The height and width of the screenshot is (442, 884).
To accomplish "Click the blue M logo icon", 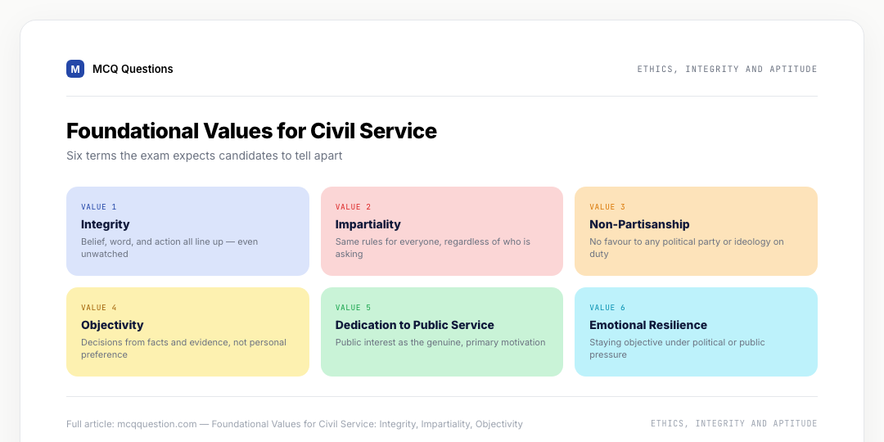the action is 75,69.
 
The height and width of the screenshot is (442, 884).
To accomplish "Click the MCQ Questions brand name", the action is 133,69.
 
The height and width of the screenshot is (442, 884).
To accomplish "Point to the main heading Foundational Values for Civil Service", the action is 251,131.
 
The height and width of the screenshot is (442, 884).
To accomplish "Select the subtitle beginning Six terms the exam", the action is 204,156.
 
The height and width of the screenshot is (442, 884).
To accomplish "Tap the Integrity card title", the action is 106,224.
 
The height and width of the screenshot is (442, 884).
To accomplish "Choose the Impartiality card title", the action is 368,224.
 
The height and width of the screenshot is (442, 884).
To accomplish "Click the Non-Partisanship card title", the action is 639,224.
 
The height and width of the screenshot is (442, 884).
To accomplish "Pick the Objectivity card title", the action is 112,325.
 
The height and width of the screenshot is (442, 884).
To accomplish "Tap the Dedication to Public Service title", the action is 414,325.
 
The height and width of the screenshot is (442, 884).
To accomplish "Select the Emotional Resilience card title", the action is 647,325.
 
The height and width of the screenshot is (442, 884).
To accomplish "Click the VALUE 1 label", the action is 99,207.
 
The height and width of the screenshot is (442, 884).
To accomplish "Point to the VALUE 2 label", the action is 354,207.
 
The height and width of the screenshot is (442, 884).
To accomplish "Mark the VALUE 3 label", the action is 607,207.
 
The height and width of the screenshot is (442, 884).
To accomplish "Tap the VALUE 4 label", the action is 99,308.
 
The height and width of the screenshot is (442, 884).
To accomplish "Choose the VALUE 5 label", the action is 354,308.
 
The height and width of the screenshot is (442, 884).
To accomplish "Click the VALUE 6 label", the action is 607,308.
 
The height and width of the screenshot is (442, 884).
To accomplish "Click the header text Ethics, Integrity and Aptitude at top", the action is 728,70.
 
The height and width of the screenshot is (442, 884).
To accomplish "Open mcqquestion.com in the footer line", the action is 156,424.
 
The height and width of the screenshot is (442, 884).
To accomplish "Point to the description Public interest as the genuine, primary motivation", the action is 440,342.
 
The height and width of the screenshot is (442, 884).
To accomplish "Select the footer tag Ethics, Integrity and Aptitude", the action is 734,423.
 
